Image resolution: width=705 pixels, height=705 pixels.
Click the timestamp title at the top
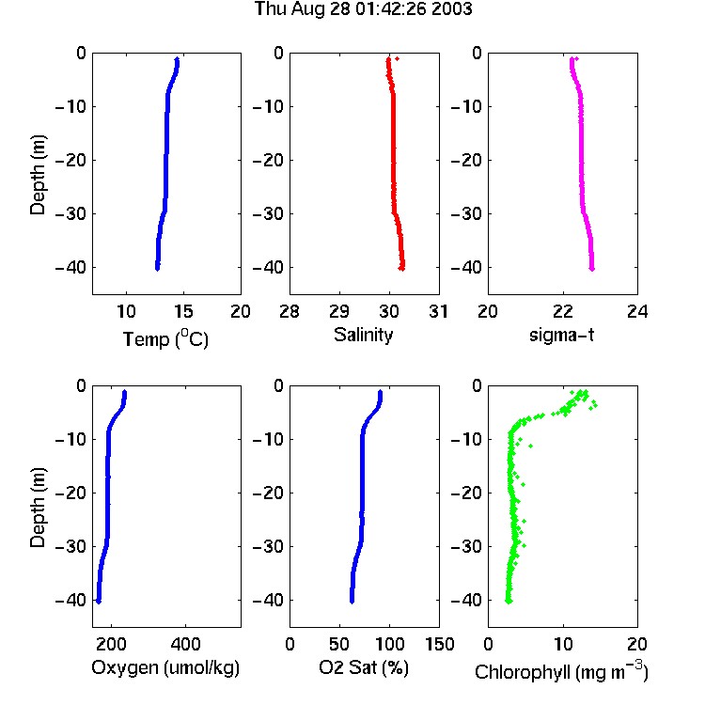pos(363,8)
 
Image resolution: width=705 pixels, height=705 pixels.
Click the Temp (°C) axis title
pos(165,338)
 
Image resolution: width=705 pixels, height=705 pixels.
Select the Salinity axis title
pos(363,335)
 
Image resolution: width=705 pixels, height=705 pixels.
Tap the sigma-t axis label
pos(561,335)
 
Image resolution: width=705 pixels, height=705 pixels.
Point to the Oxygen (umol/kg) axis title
pos(165,667)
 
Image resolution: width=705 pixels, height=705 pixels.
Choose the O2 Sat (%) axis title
pos(364,667)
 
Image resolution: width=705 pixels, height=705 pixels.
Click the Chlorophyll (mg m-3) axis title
pos(561,671)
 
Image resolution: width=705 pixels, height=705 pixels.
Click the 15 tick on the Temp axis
pos(183,311)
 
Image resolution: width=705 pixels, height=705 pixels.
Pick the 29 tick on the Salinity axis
pos(339,311)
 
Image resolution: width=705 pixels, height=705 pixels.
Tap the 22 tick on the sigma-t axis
pos(563,311)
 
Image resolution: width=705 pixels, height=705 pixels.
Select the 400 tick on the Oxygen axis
pos(185,644)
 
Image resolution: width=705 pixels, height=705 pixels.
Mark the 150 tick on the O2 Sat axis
pos(440,644)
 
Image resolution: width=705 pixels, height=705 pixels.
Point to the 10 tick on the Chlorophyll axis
pos(563,644)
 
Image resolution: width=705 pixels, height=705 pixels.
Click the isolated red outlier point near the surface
pos(397,59)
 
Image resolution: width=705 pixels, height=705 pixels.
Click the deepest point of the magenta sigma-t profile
pos(592,269)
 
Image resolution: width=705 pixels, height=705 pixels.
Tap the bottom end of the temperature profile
pos(157,269)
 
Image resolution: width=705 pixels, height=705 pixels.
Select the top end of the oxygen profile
pos(124,392)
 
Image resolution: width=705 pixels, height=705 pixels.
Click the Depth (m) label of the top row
pos(38,175)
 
